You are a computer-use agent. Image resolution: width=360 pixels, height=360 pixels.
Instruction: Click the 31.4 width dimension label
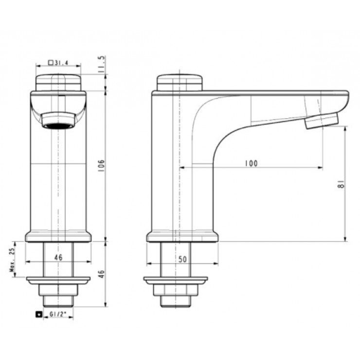point(58,62)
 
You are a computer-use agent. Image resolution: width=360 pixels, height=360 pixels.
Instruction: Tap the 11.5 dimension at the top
point(101,64)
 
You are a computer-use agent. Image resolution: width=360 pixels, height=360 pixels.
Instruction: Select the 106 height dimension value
point(101,165)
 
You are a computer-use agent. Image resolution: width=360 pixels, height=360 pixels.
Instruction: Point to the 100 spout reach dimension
point(252,163)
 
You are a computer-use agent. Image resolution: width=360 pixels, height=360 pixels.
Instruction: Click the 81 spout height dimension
point(342,184)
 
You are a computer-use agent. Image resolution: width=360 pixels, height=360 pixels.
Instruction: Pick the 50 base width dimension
point(182,259)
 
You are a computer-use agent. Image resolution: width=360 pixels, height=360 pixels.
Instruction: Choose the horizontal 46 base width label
point(58,257)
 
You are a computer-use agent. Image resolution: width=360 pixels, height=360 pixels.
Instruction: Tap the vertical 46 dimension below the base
point(101,274)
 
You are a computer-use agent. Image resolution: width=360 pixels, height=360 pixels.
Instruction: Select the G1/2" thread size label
point(58,314)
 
